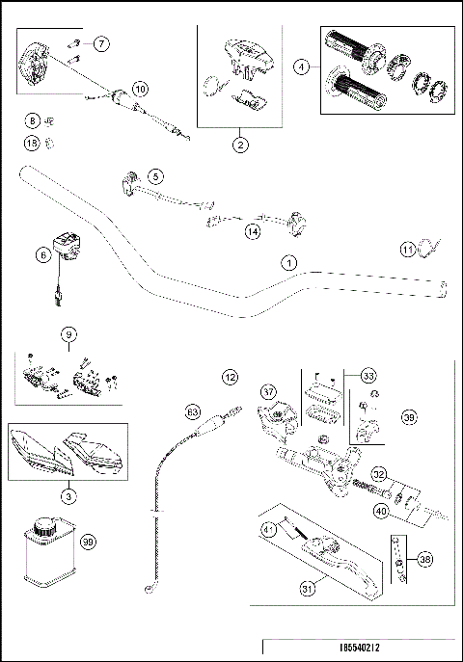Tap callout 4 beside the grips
(x=303, y=66)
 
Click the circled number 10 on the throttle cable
(x=141, y=89)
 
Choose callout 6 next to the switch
(x=42, y=255)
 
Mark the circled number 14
(x=253, y=231)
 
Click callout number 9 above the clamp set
(x=68, y=334)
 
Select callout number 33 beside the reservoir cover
(x=367, y=375)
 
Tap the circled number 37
(x=268, y=391)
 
